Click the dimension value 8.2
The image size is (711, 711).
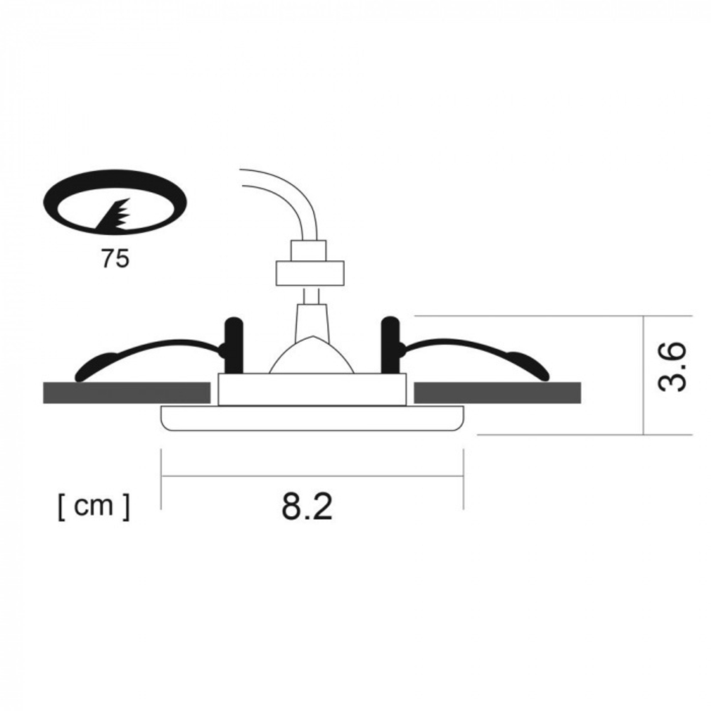coord(307,506)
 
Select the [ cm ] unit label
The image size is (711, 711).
coord(94,507)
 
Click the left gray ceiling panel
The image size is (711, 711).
coord(127,392)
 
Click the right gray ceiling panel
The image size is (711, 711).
coord(497,392)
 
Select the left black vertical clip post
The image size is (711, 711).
coord(233,346)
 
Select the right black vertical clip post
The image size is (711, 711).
coord(390,346)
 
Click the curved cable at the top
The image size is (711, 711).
coord(284,192)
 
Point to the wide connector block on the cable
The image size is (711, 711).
coord(309,272)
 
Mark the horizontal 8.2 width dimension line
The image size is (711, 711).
coord(312,476)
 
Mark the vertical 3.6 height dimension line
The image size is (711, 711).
coord(643,375)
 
